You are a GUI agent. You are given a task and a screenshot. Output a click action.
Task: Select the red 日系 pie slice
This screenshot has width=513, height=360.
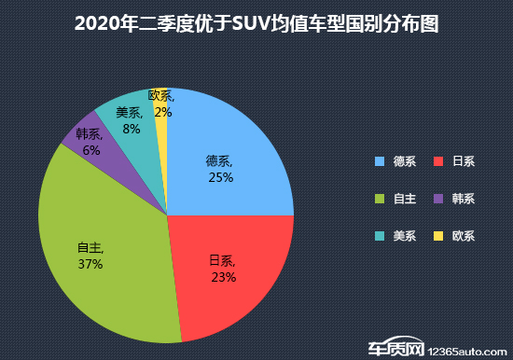click(233, 280)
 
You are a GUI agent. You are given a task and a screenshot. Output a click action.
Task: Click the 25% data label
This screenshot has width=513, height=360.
click(221, 177)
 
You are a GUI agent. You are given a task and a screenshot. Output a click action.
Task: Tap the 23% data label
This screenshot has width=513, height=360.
click(223, 277)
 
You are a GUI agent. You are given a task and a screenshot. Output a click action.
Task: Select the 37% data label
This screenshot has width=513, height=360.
click(90, 264)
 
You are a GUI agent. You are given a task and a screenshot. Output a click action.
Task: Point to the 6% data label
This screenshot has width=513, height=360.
click(91, 150)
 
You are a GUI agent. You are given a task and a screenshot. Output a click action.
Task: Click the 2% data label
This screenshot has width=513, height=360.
click(163, 112)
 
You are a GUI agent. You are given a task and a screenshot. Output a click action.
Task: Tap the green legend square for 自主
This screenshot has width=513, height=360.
click(380, 199)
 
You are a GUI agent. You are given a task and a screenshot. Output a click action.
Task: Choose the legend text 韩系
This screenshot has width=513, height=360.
click(464, 199)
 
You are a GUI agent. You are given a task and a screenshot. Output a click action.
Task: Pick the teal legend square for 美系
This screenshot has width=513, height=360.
click(380, 236)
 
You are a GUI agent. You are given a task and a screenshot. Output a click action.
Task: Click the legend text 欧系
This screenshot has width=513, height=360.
click(464, 236)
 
